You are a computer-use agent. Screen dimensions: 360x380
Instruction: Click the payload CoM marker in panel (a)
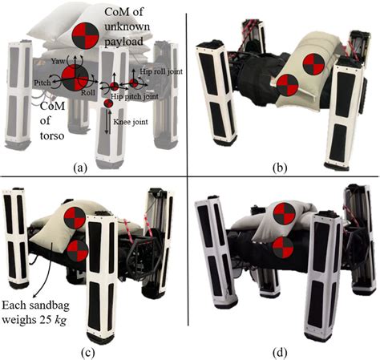pos(86,36)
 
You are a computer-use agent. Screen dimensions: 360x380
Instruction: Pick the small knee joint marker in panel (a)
pos(108,105)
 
